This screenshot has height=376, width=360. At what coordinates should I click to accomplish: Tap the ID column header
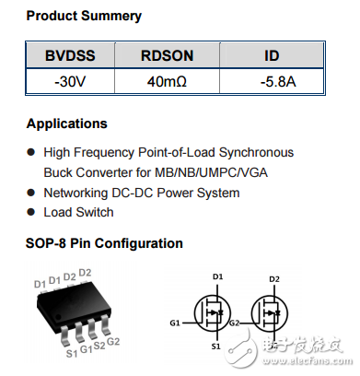pos(272,56)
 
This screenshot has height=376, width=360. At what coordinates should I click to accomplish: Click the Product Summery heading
pos(84,16)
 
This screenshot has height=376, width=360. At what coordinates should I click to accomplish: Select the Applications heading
pos(66,123)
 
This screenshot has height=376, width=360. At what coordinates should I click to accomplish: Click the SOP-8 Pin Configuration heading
pos(104,243)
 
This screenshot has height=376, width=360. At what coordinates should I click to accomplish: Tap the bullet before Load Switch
pos(31,212)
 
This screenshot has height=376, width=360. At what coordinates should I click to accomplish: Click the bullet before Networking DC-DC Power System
pos(31,193)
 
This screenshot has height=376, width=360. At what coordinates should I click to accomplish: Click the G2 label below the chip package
pos(113,342)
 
